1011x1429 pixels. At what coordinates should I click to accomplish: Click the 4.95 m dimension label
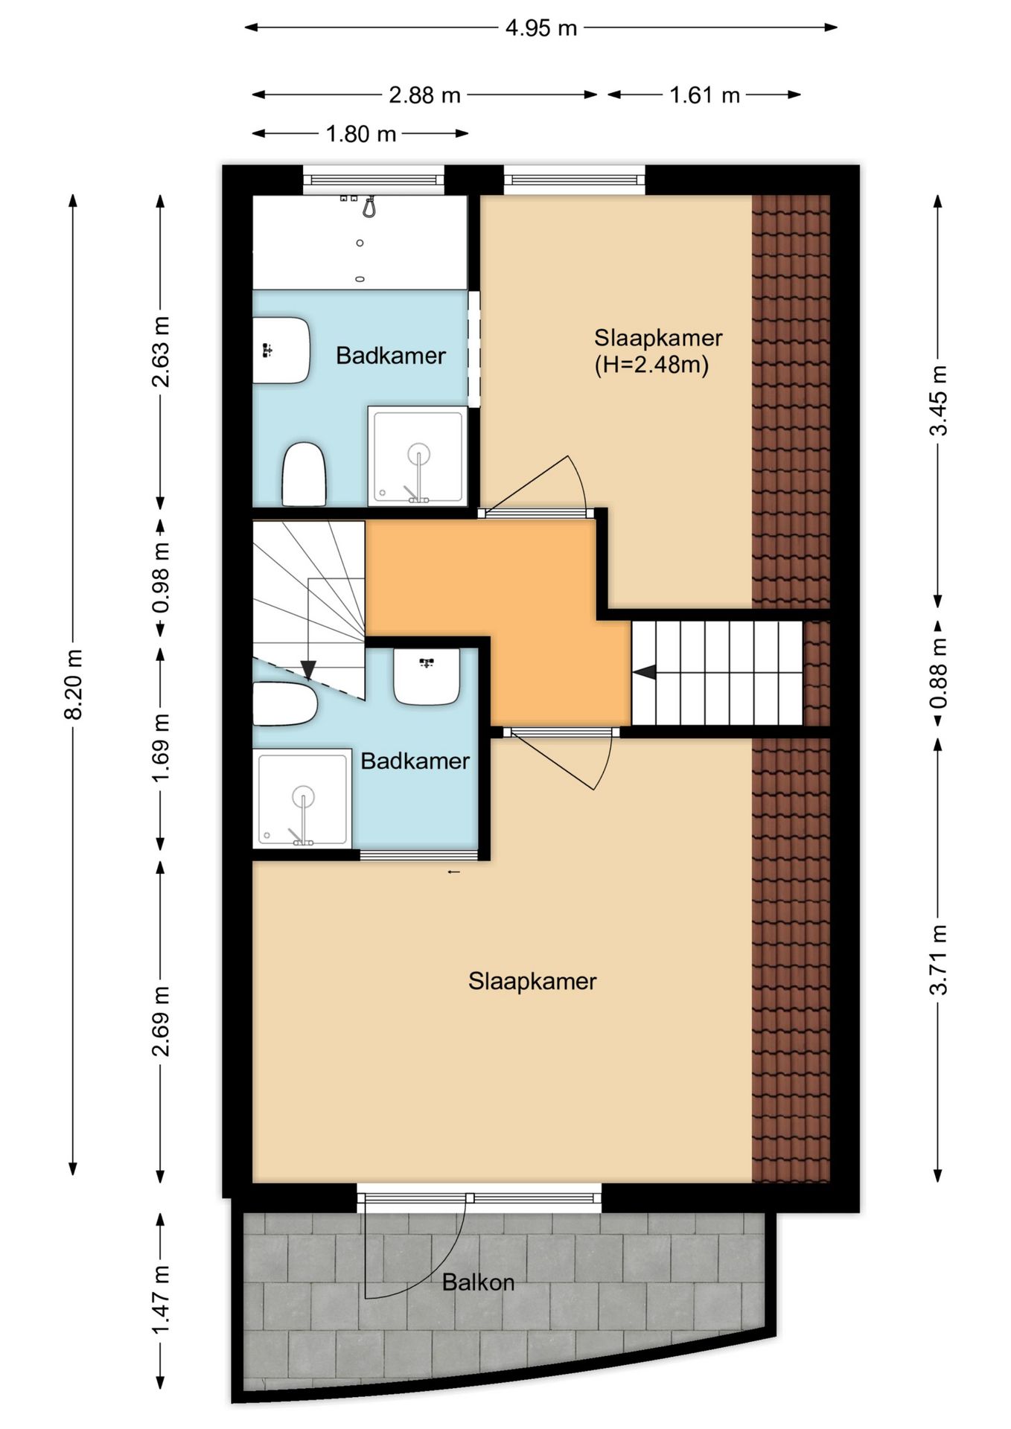pos(541,28)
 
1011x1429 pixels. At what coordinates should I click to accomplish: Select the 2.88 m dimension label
pos(425,95)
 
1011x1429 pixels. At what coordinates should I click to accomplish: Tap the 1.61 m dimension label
pos(704,95)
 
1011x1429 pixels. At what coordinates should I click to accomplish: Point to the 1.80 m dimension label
pos(361,134)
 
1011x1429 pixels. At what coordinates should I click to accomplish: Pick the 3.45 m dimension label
pos(940,400)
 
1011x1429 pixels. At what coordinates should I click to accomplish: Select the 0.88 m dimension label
pos(940,674)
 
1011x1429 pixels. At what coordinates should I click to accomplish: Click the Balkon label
pos(478,1282)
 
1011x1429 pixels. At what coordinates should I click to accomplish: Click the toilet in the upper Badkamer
pos(304,474)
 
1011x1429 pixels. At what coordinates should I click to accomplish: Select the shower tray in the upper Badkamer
pos(418,455)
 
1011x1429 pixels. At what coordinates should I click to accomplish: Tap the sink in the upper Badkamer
pos(281,351)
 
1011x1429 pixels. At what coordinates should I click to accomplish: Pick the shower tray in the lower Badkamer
pos(302,798)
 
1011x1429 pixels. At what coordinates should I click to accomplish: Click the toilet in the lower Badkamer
pos(285,705)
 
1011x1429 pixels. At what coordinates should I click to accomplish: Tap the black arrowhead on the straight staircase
pos(644,673)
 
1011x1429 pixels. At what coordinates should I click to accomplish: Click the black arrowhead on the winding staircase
pos(308,671)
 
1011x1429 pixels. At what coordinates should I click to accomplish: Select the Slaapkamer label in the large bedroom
pos(532,981)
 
